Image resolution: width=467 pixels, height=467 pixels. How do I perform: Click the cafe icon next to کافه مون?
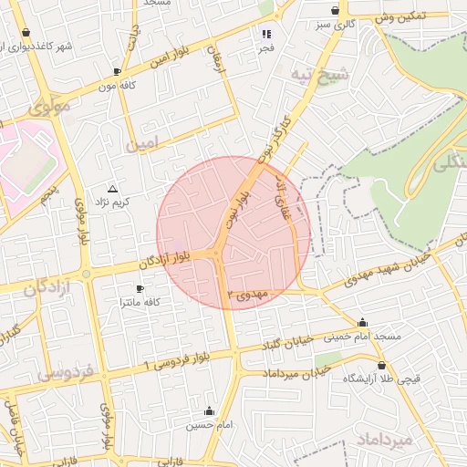coord(116,70)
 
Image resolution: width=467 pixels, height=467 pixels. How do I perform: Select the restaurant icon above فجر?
coord(266,34)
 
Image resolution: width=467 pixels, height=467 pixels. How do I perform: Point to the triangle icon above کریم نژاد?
coord(112,187)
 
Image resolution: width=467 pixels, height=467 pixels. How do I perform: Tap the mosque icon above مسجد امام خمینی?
coord(363,322)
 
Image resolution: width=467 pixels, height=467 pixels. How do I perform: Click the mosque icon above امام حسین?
coord(211,410)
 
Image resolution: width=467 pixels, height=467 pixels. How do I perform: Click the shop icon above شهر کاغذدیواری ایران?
coord(26,34)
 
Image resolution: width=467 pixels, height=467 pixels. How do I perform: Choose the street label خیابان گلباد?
coord(288,342)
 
